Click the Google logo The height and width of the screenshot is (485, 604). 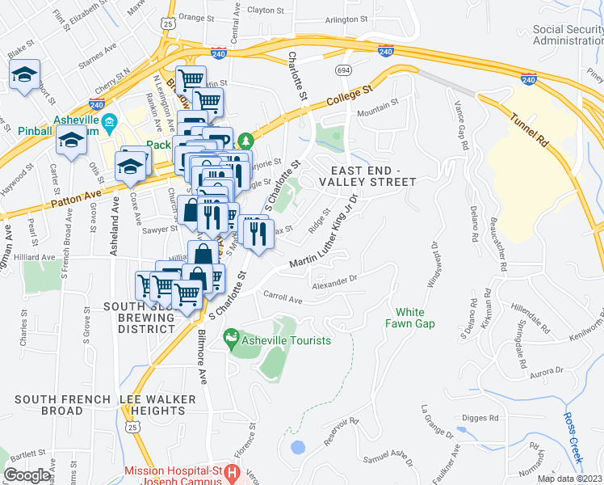pyautogui.click(x=27, y=475)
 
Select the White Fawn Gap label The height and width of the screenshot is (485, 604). pyautogui.click(x=415, y=318)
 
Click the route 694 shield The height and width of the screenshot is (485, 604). pyautogui.click(x=345, y=71)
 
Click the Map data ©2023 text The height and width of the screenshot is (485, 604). pyautogui.click(x=570, y=479)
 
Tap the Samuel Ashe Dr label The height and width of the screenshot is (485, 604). pyautogui.click(x=388, y=459)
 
